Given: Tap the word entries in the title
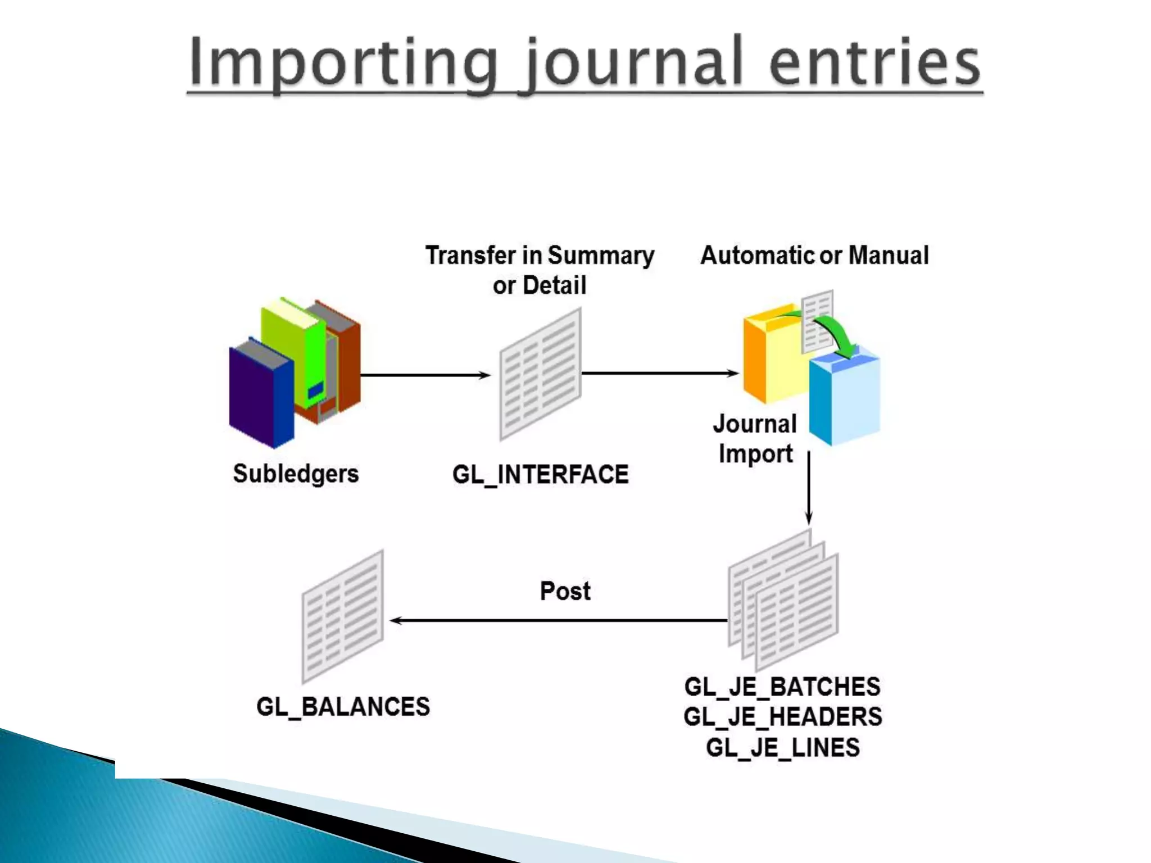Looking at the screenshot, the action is [874, 63].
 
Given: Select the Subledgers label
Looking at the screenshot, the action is [296, 474].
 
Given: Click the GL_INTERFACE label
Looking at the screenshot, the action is [540, 475].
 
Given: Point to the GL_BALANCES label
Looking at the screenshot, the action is [343, 707].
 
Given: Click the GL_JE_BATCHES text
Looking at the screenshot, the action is [782, 687].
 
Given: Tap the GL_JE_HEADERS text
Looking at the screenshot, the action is [782, 717].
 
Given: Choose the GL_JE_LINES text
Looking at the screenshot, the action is [782, 748].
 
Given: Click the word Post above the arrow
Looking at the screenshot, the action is [565, 591].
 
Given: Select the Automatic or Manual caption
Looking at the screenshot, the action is [814, 256].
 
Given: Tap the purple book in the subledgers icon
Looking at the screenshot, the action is [260, 393].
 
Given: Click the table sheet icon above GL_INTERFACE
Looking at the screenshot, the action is [540, 374].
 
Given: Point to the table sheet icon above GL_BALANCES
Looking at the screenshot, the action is [343, 616].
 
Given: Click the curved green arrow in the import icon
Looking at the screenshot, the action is [837, 334].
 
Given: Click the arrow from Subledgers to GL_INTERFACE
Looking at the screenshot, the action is [425, 375].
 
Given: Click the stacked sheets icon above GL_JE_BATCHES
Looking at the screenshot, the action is [783, 601].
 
